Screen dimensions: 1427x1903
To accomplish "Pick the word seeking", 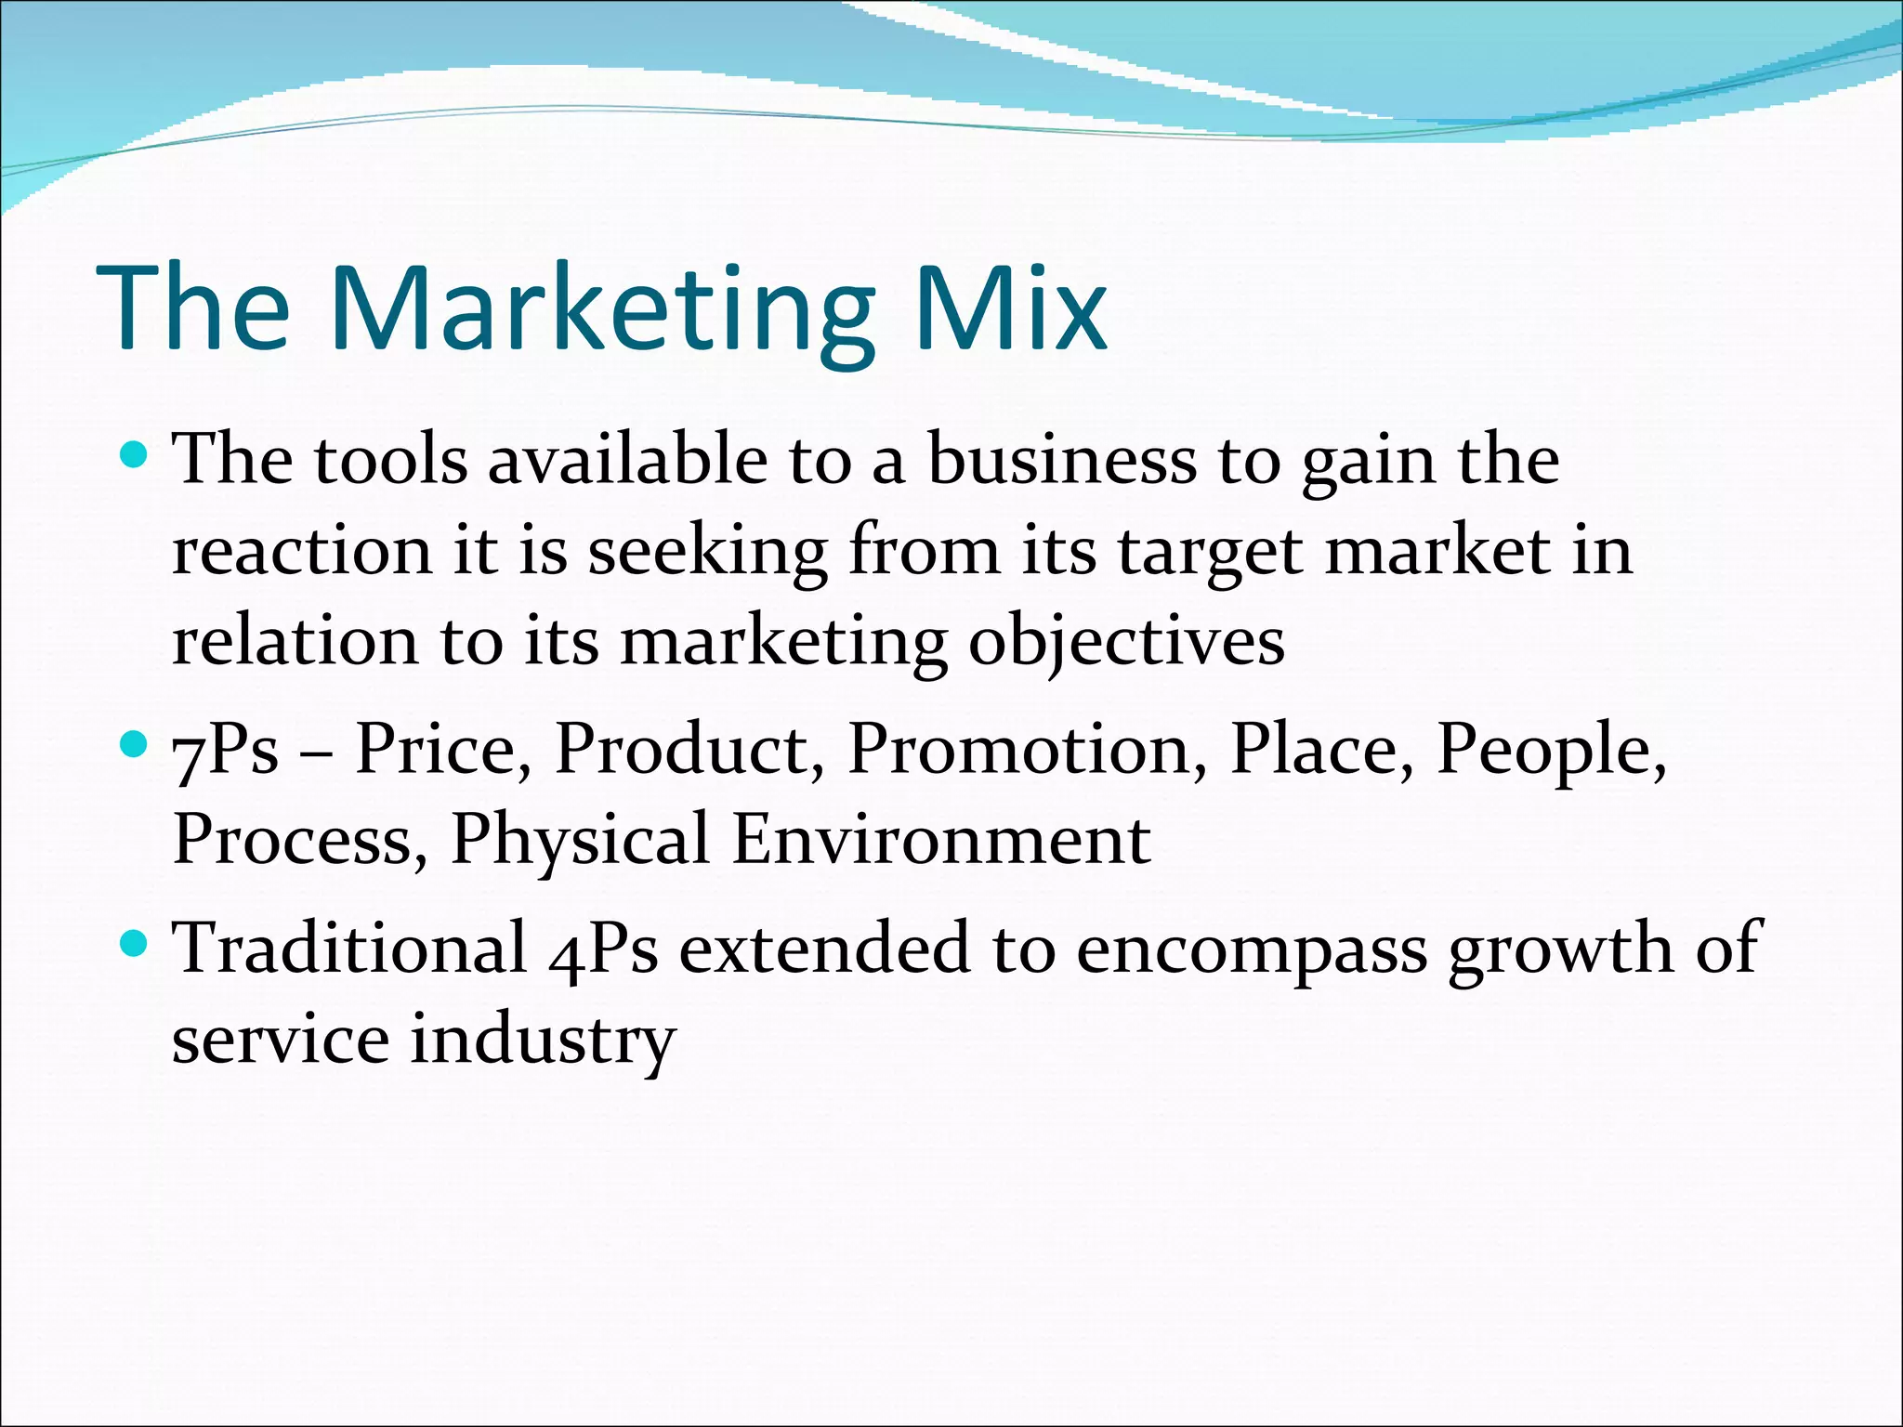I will (707, 552).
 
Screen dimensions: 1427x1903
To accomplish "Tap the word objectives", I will (1126, 643).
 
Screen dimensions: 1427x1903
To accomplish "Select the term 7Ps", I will (226, 749).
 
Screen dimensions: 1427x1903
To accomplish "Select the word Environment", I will (941, 840).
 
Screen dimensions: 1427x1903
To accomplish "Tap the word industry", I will (543, 1041).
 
